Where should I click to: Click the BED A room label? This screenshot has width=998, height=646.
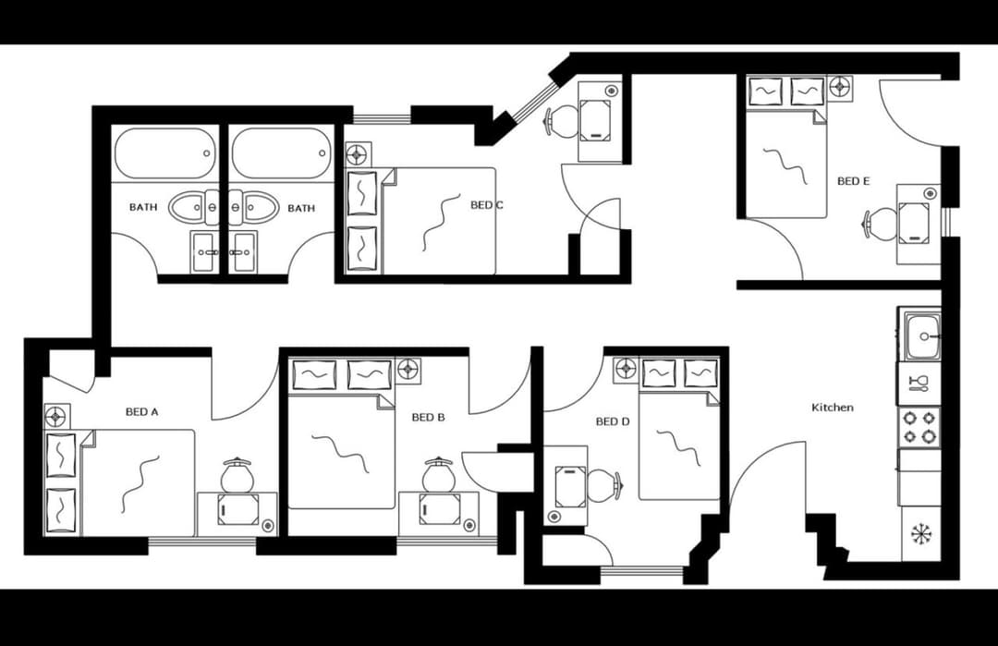[142, 412]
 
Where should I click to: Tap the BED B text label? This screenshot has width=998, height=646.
[428, 418]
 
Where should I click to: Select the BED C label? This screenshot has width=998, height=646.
[487, 205]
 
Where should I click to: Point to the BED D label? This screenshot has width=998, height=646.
[613, 421]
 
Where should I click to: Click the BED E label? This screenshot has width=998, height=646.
[853, 181]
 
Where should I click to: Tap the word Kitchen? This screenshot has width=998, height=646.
[833, 408]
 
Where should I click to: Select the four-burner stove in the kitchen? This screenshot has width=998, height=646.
[919, 426]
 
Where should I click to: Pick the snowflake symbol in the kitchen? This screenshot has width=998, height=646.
[921, 534]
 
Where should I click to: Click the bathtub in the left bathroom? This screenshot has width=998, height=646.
[165, 152]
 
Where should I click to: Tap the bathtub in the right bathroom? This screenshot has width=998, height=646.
[282, 152]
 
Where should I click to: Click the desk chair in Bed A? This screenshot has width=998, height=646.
[237, 475]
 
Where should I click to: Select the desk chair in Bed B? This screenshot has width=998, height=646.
[437, 475]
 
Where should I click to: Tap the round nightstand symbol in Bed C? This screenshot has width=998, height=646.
[357, 154]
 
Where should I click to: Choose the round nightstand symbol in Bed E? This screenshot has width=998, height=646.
[839, 88]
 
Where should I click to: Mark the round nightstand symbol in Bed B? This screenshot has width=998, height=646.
[408, 371]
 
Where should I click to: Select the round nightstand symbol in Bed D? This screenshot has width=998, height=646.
[626, 369]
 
